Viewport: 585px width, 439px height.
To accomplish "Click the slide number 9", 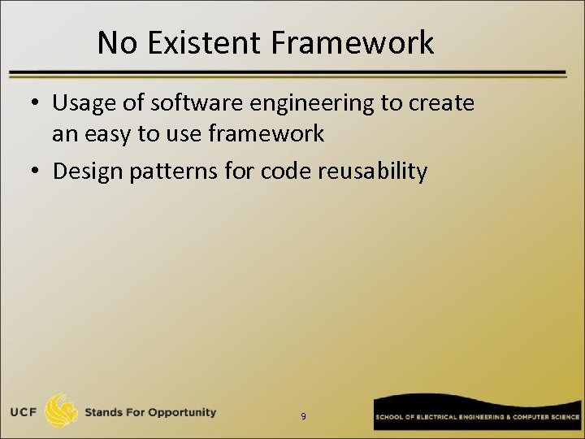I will pos(303,416).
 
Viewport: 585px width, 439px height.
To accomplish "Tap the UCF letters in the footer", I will pos(21,412).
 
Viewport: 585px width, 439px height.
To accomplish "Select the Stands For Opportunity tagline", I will pos(151,412).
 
